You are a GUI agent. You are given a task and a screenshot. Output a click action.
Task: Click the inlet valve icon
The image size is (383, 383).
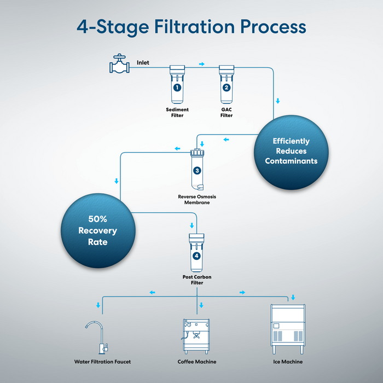coord(118,66)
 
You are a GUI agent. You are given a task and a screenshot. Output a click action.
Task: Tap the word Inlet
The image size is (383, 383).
coord(143,62)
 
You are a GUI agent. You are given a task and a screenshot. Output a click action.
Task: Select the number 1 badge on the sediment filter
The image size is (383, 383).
coord(177,87)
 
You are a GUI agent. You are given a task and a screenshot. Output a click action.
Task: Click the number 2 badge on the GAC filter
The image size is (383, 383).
coord(227,87)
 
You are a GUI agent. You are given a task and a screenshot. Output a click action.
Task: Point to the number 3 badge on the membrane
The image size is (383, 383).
coord(197,171)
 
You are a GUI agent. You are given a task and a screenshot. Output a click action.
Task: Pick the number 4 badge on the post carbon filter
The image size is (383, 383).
coord(197,255)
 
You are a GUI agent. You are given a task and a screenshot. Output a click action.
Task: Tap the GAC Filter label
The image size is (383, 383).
coord(227,113)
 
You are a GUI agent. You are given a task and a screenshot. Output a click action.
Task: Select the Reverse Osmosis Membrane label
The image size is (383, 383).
coord(197,200)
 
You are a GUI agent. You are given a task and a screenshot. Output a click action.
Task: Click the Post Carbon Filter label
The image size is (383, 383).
coord(197,280)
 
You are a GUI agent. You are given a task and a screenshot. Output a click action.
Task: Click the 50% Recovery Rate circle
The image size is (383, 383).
coord(97,230)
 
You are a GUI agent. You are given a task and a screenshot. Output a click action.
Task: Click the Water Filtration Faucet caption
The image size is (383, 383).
coord(102,362)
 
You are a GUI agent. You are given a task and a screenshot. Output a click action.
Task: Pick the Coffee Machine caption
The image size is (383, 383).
coord(197,362)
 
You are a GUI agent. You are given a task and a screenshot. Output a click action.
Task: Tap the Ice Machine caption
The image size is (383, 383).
coord(288,362)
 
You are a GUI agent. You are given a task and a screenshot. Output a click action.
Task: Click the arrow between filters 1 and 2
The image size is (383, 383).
coord(202,64)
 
